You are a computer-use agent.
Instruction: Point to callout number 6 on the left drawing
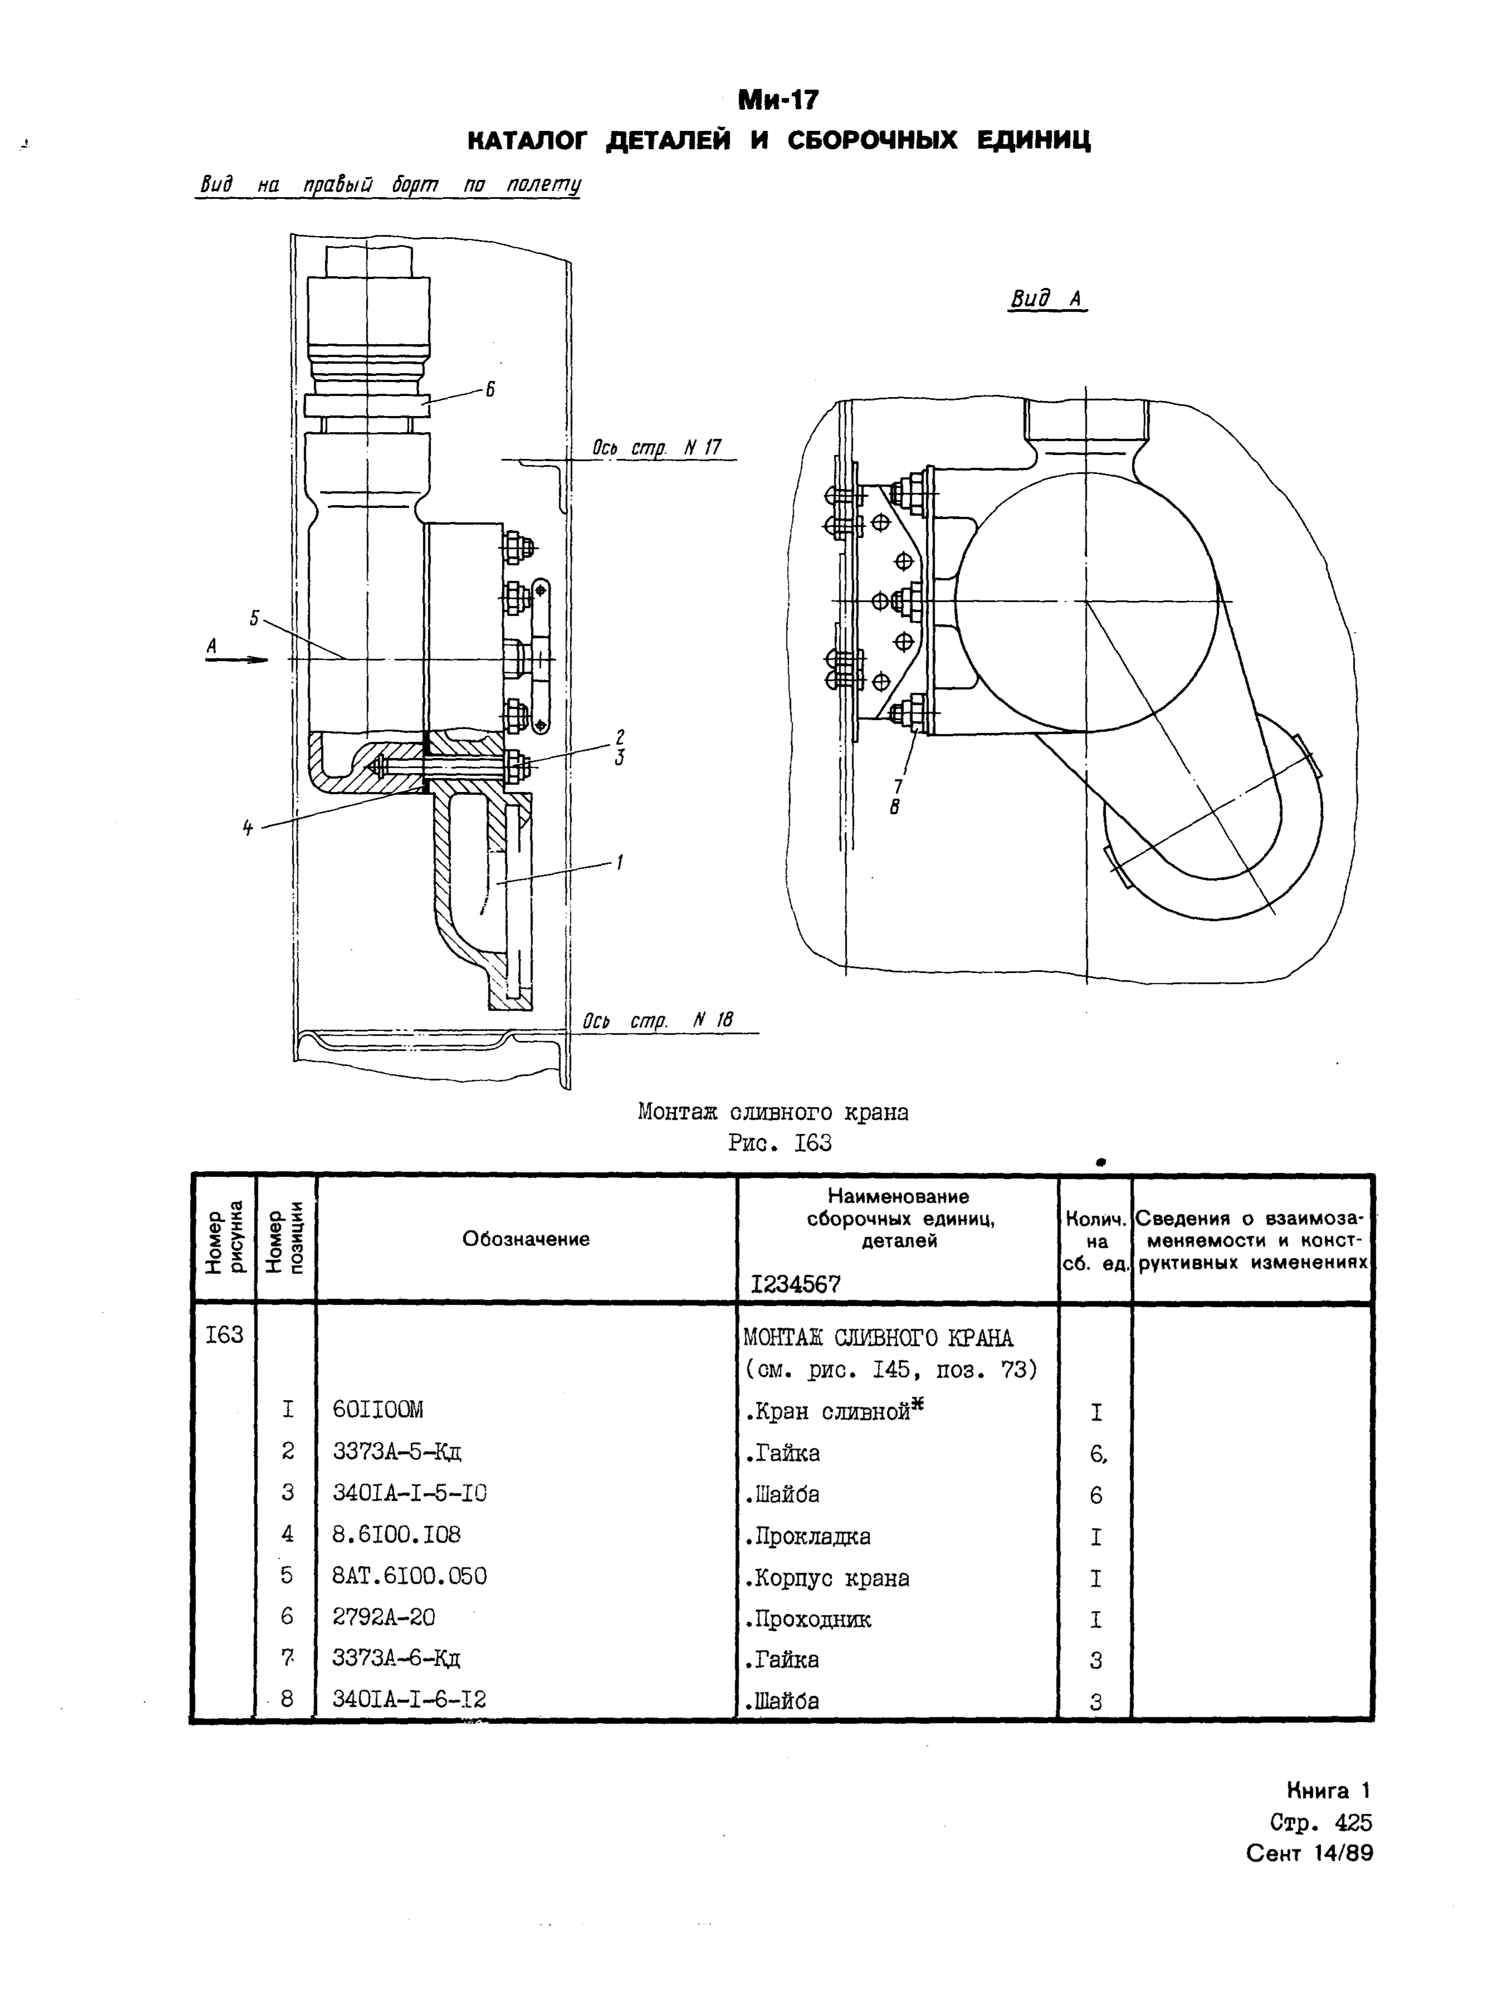click(490, 390)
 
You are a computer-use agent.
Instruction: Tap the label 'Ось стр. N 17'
click(657, 447)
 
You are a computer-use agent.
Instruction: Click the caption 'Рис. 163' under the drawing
click(779, 1143)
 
